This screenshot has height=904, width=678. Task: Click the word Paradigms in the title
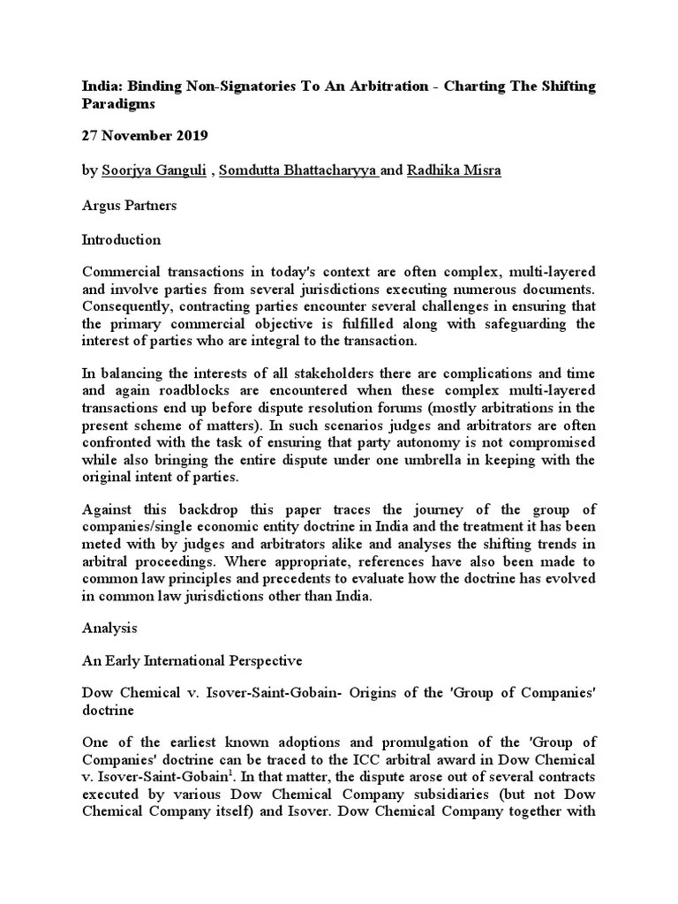[x=118, y=104]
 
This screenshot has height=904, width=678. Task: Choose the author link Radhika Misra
[x=453, y=170]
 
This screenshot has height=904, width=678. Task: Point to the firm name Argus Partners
[x=129, y=205]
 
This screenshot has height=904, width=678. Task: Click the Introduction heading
[x=121, y=239]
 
